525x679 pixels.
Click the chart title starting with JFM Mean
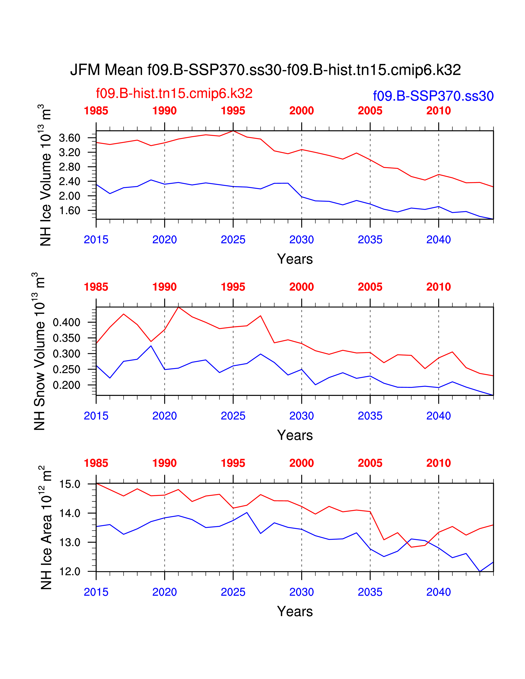(x=265, y=70)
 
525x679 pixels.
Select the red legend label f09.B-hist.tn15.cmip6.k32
(x=174, y=93)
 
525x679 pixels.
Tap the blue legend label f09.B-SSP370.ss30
(x=433, y=96)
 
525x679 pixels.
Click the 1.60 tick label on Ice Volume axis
(x=70, y=210)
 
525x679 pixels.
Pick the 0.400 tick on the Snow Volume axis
(x=66, y=322)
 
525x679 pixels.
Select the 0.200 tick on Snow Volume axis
(x=66, y=385)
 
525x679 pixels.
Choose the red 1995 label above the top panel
(x=233, y=111)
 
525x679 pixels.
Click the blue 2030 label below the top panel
(x=301, y=240)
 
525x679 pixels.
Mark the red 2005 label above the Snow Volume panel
(x=370, y=287)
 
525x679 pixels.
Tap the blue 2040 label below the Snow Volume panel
(x=438, y=416)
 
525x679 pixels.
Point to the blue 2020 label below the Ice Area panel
(x=164, y=592)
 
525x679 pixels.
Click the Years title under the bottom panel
(x=295, y=612)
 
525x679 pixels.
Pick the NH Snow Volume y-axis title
(x=40, y=351)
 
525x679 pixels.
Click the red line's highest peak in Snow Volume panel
(x=178, y=307)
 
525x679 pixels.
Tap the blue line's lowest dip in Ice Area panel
(x=480, y=571)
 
